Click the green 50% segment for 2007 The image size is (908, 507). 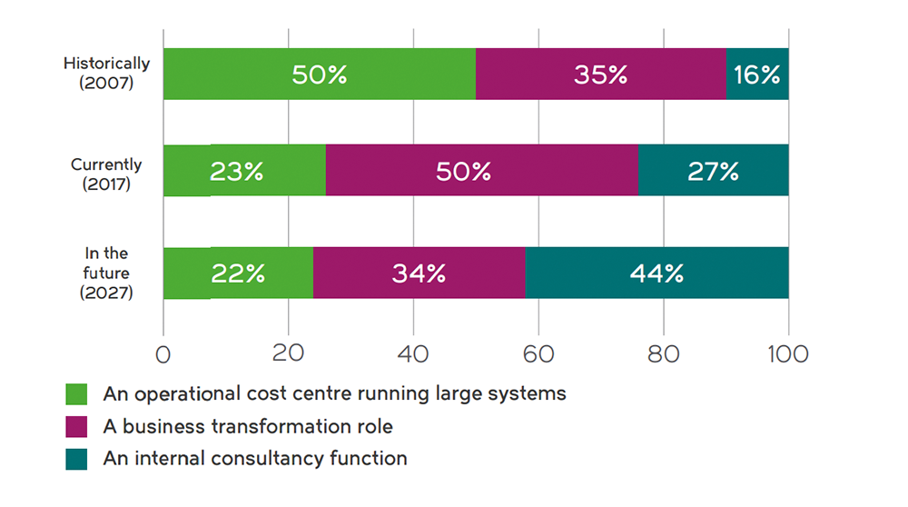pos(319,75)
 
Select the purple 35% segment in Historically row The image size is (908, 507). pos(600,75)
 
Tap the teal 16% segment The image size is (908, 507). pos(757,75)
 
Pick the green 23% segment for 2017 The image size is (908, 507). pos(244,171)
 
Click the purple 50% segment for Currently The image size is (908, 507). pos(481,171)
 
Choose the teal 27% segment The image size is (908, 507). pos(714,171)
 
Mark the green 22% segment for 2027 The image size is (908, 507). pos(238,273)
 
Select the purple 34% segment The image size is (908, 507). pos(419,273)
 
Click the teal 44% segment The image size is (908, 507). pos(656,273)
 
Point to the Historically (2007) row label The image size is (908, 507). pos(106,72)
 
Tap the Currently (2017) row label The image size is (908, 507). pos(106,173)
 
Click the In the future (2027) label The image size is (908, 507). pos(106,273)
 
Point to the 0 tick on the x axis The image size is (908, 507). pos(163,353)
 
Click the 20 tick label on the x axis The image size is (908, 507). pos(288,353)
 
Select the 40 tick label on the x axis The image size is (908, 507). pos(413,353)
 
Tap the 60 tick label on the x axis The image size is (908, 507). pos(538,353)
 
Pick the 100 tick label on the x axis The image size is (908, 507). pos(786,353)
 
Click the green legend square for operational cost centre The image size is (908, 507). pos(76,394)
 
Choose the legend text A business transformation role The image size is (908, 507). pos(248,426)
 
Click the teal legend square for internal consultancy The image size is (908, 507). pos(76,459)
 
